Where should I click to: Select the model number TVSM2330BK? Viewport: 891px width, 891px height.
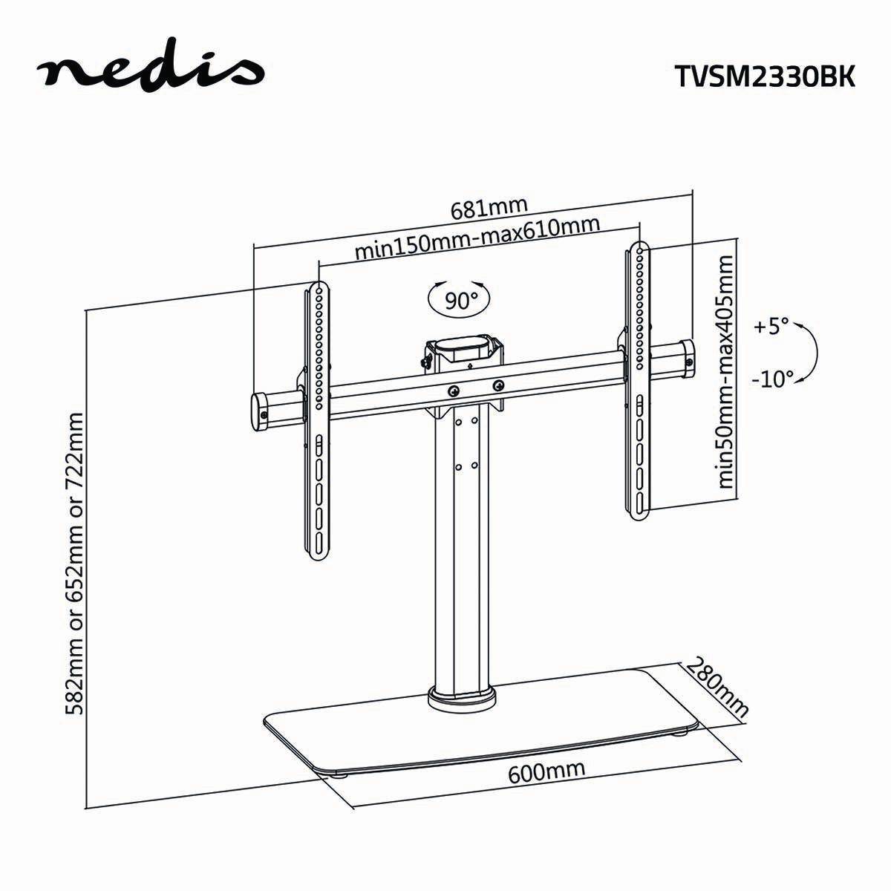(x=765, y=77)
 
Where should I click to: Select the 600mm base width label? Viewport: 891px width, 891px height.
(x=546, y=772)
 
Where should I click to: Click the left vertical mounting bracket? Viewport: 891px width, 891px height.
(x=317, y=446)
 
